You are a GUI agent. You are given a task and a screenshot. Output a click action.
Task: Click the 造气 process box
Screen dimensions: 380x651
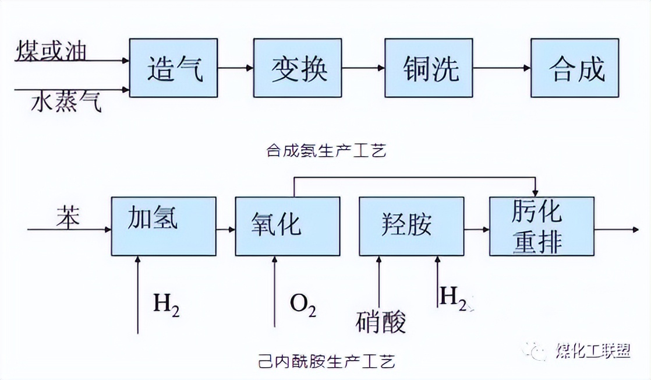174,68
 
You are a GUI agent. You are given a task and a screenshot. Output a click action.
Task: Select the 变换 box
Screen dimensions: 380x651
298,68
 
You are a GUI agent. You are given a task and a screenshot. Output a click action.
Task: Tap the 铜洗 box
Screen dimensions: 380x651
429,68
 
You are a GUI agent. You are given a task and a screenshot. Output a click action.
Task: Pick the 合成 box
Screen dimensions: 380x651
575,68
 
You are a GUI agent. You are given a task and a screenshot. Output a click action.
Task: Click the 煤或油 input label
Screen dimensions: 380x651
51,50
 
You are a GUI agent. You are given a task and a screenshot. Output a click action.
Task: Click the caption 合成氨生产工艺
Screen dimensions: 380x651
325,151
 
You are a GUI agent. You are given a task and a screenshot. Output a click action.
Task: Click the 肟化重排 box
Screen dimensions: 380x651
542,226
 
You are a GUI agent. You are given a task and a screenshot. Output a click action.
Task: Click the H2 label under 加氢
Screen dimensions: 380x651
166,304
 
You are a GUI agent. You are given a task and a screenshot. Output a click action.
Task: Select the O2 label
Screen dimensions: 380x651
303,304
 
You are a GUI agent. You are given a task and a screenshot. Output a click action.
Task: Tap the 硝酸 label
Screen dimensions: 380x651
381,322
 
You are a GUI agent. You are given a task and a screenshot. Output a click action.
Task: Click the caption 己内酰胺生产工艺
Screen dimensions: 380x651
325,362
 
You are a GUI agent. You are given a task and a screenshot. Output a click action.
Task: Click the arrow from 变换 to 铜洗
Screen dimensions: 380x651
363,68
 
